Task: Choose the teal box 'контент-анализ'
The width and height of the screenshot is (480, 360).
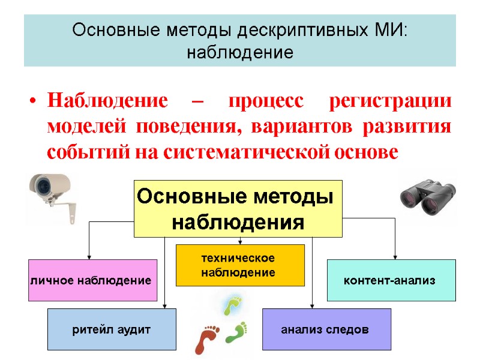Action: click(x=391, y=280)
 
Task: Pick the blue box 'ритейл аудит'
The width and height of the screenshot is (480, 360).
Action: click(x=112, y=329)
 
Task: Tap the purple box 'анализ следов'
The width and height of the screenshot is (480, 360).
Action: click(x=326, y=329)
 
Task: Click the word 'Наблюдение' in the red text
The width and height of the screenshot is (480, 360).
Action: click(x=107, y=101)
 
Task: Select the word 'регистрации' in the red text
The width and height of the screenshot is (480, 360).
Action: click(x=391, y=101)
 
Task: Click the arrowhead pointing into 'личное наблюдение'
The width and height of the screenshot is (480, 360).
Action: click(x=89, y=256)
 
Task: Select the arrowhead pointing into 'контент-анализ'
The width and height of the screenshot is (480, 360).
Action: click(x=395, y=256)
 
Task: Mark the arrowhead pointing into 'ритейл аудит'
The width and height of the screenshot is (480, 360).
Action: click(x=165, y=305)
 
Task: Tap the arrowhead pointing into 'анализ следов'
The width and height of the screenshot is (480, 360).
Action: click(x=312, y=305)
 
